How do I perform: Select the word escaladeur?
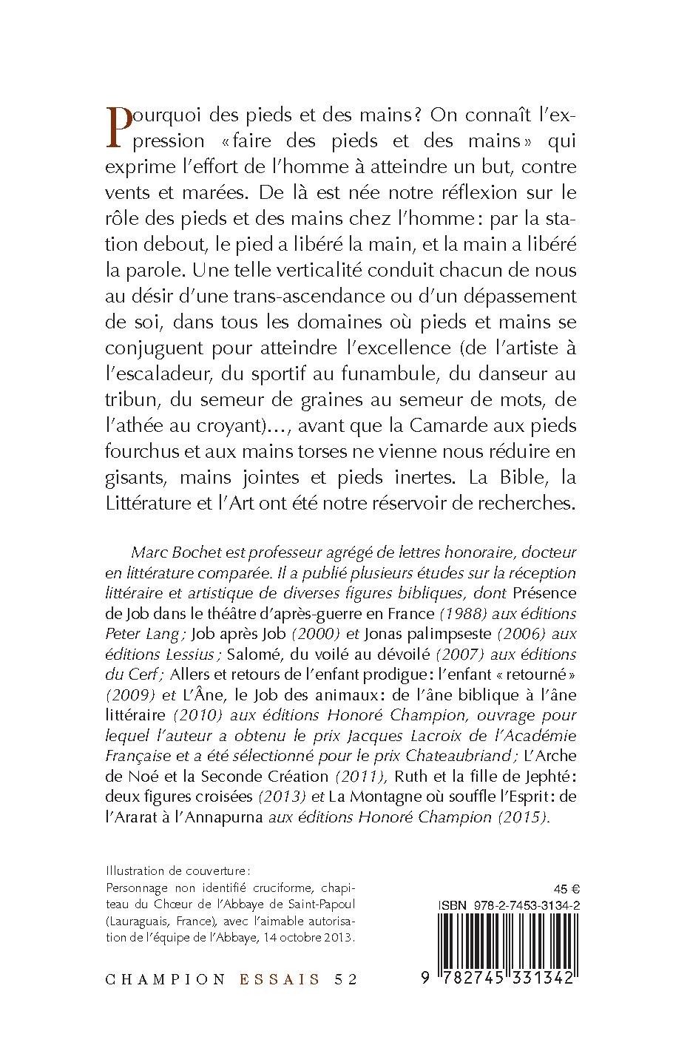166,374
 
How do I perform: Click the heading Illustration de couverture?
174,870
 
